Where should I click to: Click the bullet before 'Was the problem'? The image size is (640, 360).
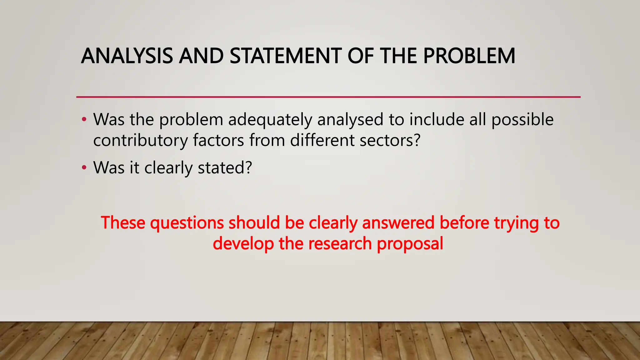pos(83,120)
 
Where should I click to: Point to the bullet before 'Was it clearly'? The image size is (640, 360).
pos(83,168)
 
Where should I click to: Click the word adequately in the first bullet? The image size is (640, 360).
pos(270,120)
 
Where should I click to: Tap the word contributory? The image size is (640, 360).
pos(140,140)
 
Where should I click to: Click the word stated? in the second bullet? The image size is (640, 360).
pos(225,168)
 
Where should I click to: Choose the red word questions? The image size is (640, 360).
pos(187,223)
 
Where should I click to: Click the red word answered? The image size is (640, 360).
pos(398,223)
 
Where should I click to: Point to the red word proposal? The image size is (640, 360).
pos(410,243)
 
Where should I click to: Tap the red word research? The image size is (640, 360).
pos(340,243)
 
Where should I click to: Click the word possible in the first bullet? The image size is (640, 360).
pos(522,120)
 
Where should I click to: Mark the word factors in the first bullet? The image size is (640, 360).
pos(218,140)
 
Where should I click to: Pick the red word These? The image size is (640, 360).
pos(123,223)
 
